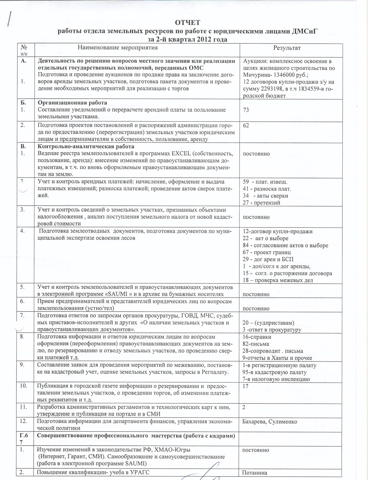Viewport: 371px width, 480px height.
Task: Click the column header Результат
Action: pos(287,48)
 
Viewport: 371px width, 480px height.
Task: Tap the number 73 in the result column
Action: pos(246,110)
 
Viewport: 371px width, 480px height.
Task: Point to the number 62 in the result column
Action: pos(246,125)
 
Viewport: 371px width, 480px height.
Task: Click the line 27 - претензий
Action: pos(261,203)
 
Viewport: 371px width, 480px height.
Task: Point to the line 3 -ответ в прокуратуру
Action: pos(272,330)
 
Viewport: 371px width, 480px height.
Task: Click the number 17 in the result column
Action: pos(246,386)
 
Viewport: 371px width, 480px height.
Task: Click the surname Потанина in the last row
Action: pos(255,473)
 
